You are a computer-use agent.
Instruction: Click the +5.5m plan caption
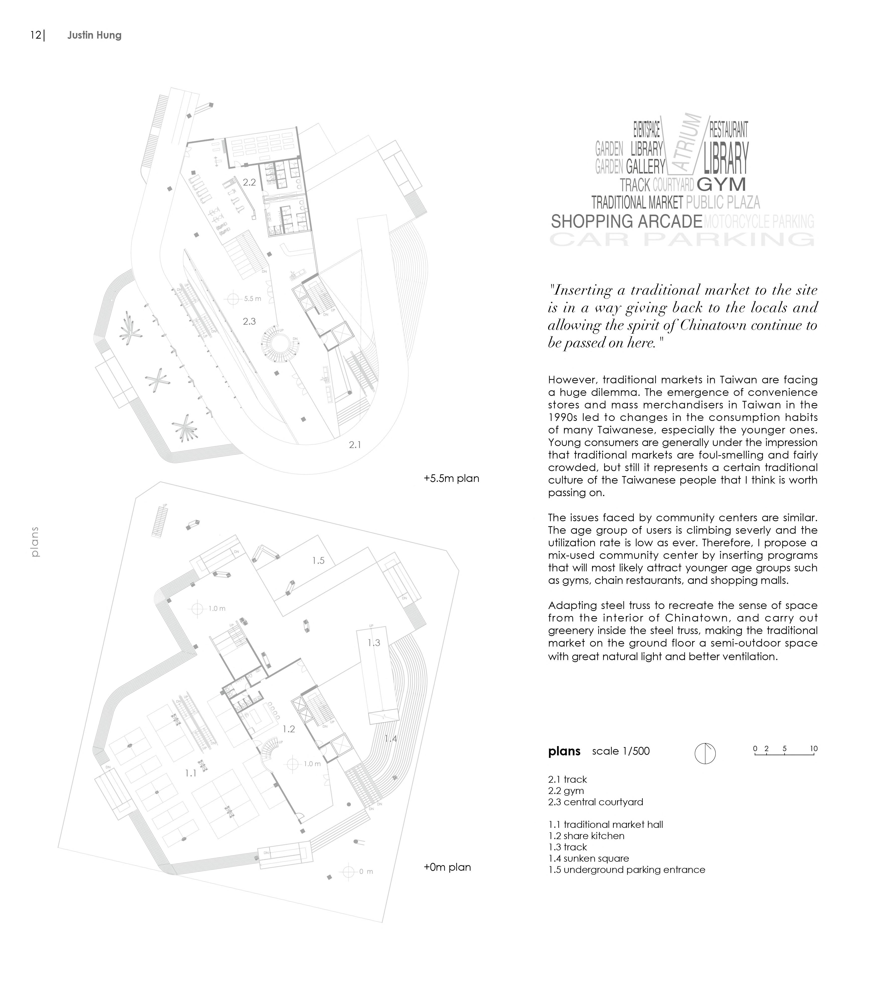(451, 479)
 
